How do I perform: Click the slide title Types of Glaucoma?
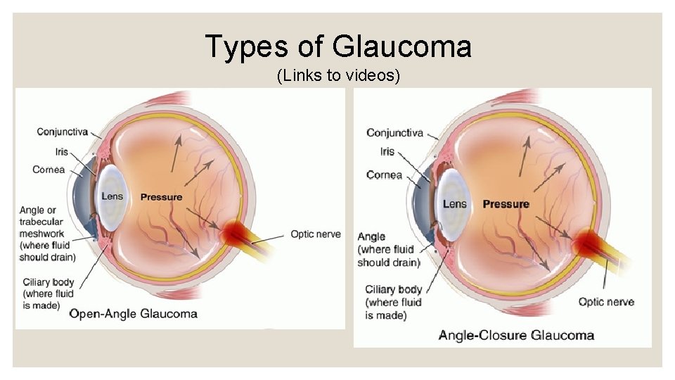pos(338,47)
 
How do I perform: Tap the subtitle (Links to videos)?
pos(338,75)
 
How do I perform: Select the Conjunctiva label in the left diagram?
pos(62,131)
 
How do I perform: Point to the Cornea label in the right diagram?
pos(384,175)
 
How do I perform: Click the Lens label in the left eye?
pos(112,196)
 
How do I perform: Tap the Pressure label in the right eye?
pos(506,204)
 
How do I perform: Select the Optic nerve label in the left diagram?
pos(316,234)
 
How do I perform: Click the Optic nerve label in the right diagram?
pos(606,302)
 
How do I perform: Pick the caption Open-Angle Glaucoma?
pos(133,313)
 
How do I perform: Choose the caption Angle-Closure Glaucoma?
pos(516,335)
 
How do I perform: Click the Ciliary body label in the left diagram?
pos(48,293)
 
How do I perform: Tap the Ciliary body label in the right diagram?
pos(393,302)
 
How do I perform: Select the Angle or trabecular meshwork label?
pos(48,234)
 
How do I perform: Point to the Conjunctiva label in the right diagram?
pos(394,132)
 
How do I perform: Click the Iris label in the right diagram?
pos(387,151)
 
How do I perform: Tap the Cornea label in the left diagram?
pos(49,169)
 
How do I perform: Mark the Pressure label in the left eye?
pos(161,197)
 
